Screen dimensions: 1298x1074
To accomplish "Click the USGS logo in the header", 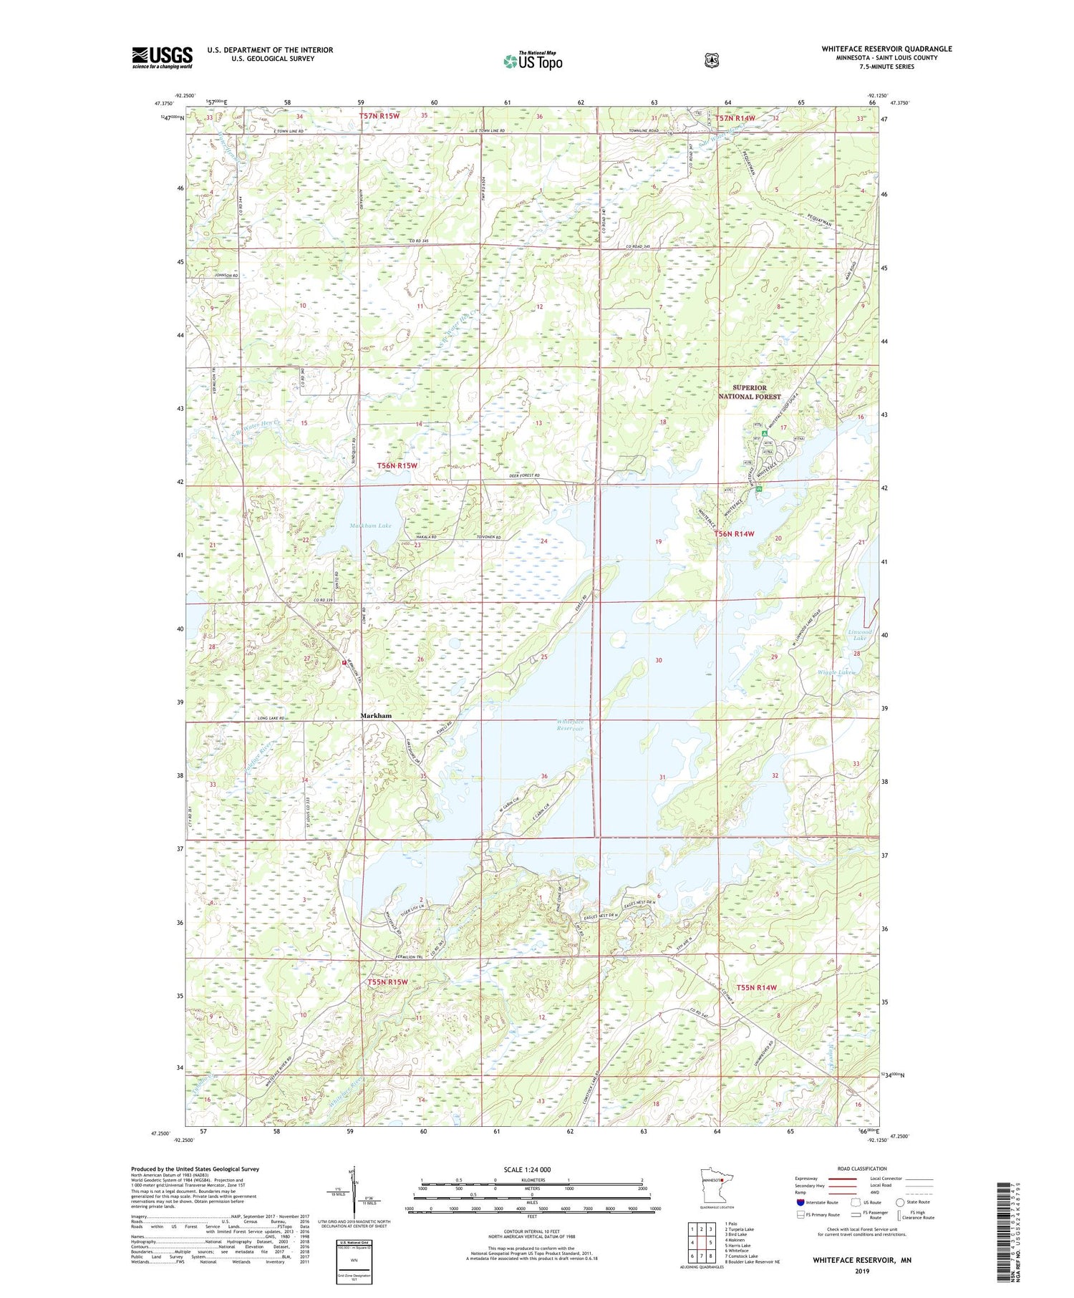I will pyautogui.click(x=163, y=57).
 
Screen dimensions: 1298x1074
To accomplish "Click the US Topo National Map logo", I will pyautogui.click(x=533, y=60).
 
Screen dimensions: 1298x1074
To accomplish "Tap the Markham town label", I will pyautogui.click(x=375, y=715).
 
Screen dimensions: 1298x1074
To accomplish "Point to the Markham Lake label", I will pyautogui.click(x=370, y=526).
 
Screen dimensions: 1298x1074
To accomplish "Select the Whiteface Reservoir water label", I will pyautogui.click(x=571, y=725).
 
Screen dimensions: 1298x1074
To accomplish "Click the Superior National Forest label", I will pyautogui.click(x=749, y=392).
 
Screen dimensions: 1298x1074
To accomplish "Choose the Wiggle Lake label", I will pyautogui.click(x=835, y=672).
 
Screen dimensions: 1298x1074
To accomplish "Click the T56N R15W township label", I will pyautogui.click(x=397, y=465).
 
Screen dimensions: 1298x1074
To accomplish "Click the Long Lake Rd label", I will pyautogui.click(x=272, y=718).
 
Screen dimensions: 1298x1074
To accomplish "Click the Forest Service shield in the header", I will pyautogui.click(x=711, y=61).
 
